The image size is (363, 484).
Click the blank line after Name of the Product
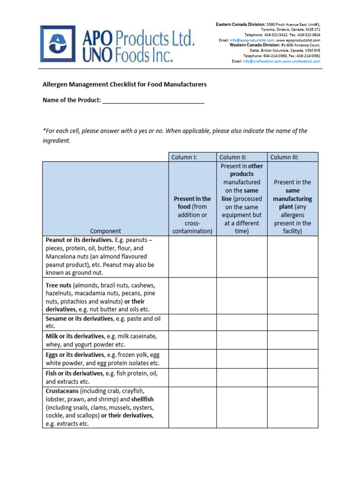pyautogui.click(x=154, y=100)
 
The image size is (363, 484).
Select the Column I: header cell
pyautogui.click(x=192, y=157)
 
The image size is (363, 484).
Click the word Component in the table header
pyautogui.click(x=105, y=231)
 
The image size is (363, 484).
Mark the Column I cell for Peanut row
pyautogui.click(x=192, y=256)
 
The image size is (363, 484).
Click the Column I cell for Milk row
pyautogui.click(x=192, y=340)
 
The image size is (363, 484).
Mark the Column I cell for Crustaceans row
pyautogui.click(x=192, y=407)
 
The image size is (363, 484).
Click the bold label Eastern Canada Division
pyautogui.click(x=241, y=24)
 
